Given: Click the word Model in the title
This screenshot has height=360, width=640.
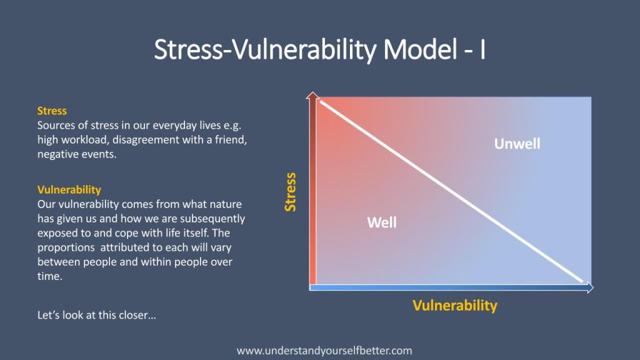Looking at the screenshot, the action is point(420,49).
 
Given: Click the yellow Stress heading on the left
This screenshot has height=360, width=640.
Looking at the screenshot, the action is point(52,111).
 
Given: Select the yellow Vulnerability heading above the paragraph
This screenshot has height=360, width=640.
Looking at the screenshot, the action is point(69,190).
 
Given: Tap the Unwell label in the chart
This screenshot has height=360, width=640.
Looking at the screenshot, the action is point(517,144).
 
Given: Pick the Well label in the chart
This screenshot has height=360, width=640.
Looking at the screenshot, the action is point(382,222).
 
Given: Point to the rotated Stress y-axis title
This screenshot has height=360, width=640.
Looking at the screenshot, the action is point(290,192).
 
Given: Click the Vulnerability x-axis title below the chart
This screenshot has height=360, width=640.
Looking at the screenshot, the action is point(455,305).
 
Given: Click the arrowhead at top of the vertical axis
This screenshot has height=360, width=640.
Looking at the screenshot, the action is point(312,96).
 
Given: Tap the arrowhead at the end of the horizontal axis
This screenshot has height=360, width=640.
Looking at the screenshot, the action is point(590,287).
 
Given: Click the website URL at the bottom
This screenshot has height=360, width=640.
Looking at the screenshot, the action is point(324,351).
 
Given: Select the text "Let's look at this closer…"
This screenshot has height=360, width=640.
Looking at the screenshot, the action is point(97,315).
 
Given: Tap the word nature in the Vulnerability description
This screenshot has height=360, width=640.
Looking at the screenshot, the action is point(226,204).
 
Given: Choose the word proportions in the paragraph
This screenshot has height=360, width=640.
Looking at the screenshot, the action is point(66,247).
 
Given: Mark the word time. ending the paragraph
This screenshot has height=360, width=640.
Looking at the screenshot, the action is point(50,276).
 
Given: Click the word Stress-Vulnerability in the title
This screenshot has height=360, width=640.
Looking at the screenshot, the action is point(265,49).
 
